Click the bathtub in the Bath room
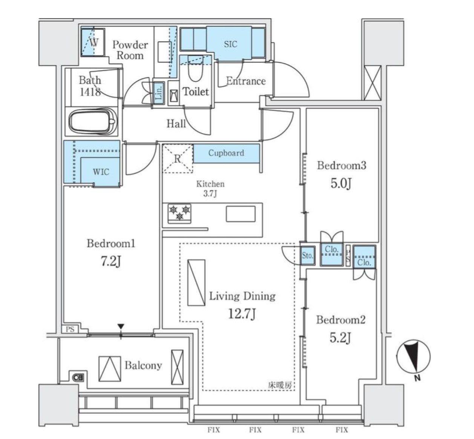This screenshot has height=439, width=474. [93, 121]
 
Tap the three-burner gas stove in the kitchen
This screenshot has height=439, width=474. [179, 213]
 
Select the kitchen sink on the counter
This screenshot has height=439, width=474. [241, 214]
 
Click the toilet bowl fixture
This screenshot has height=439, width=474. [195, 68]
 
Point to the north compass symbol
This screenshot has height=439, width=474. [413, 357]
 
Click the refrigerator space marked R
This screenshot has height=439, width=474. [178, 158]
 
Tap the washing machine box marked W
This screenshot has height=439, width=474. [93, 42]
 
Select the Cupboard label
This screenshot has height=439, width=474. [226, 153]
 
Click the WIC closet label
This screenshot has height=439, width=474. [101, 172]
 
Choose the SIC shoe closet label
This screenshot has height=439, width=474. [230, 44]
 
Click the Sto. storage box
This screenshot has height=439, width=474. [307, 255]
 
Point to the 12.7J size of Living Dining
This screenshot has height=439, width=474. [242, 314]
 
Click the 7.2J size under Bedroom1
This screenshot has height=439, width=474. [111, 262]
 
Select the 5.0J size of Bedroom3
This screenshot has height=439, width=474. [341, 184]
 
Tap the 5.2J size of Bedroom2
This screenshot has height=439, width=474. [340, 338]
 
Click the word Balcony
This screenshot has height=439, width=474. [143, 366]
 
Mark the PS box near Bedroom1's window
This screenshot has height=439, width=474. [70, 329]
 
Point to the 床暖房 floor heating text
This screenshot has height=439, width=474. [280, 385]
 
